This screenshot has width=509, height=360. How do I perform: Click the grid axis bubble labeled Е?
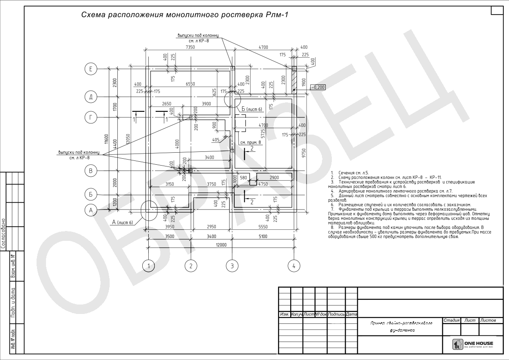(91, 68)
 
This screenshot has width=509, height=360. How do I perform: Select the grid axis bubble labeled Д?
(91, 96)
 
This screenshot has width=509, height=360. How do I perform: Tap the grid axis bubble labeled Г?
(91, 117)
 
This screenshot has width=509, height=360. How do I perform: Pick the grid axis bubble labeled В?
(91, 171)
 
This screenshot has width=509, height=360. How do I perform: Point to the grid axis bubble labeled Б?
(91, 195)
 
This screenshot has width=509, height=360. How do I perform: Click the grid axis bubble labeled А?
(91, 210)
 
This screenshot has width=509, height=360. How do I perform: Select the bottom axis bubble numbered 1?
(148, 266)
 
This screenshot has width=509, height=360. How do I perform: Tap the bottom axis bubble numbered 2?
(190, 266)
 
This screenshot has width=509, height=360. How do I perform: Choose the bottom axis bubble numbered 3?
(232, 266)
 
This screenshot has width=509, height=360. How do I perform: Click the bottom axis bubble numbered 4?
(294, 266)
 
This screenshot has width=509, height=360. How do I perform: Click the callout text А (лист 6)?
(123, 222)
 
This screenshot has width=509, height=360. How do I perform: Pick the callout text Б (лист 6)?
(252, 109)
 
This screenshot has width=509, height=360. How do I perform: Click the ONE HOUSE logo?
(473, 344)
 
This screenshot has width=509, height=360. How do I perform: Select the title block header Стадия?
(451, 320)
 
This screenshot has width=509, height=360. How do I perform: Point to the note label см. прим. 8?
(251, 142)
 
